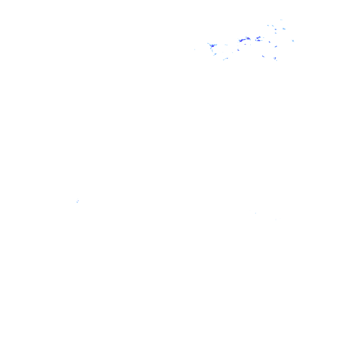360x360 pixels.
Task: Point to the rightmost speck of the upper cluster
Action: [293, 41]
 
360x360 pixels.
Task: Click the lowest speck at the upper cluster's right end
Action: [275, 59]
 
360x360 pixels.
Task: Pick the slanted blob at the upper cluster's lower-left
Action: [225, 59]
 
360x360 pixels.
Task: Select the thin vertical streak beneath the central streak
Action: [238, 47]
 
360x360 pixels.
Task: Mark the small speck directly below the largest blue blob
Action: [214, 54]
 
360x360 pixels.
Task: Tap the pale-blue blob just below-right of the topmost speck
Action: [284, 29]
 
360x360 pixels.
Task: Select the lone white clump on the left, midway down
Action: [78, 201]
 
